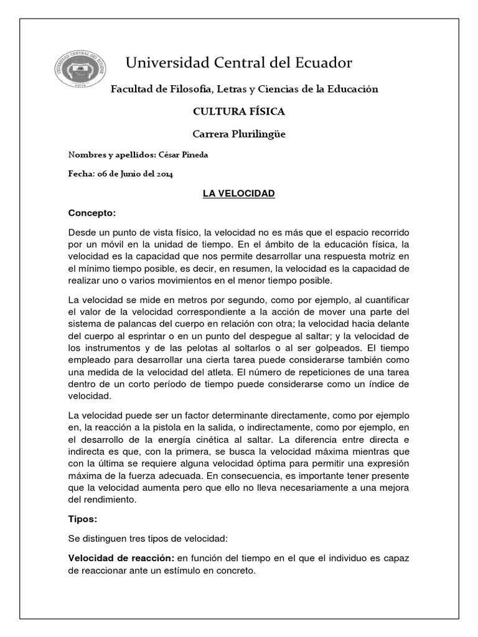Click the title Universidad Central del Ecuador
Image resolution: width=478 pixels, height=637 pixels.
pyautogui.click(x=239, y=63)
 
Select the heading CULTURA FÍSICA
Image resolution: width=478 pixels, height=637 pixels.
pyautogui.click(x=239, y=111)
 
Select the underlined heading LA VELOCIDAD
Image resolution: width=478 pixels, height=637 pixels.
pyautogui.click(x=238, y=194)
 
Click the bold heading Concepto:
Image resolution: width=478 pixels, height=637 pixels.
pyautogui.click(x=92, y=213)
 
